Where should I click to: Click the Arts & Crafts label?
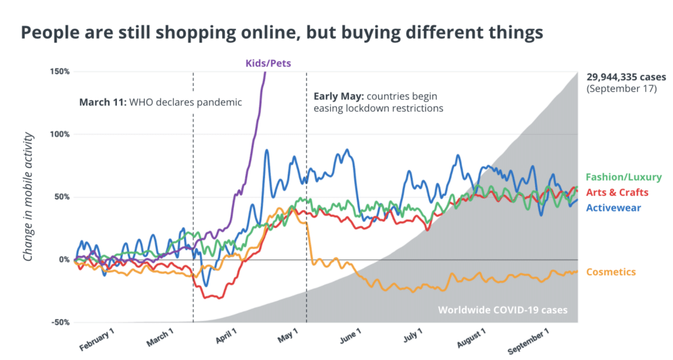pos(617,192)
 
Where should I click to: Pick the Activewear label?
pos(613,208)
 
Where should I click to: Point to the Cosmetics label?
pos(611,272)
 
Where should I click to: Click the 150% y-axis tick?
pos(60,71)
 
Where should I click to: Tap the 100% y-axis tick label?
pos(60,134)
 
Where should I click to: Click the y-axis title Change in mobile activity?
pos(28,197)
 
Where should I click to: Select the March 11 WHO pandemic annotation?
pos(161,102)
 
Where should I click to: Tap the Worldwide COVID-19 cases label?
pos(503,310)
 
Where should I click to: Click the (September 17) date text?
pos(621,89)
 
